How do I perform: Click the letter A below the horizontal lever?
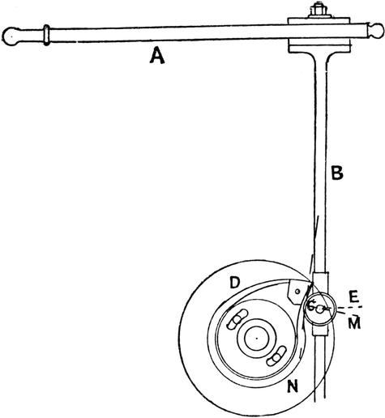click(x=157, y=56)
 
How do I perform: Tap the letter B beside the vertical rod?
click(x=337, y=173)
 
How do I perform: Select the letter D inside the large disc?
click(x=234, y=283)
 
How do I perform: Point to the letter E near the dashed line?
click(x=353, y=296)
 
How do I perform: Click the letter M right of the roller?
click(x=354, y=322)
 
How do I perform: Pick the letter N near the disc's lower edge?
click(x=293, y=386)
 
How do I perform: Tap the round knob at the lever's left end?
click(x=10, y=36)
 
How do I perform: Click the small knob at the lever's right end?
click(x=376, y=30)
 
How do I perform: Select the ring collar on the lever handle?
click(x=46, y=35)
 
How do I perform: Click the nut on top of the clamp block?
click(x=318, y=11)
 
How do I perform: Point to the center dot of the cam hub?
click(x=257, y=338)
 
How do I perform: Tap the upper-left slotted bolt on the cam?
click(x=237, y=318)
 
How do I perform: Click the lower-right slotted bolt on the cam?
click(x=276, y=356)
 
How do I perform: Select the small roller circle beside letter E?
click(x=319, y=308)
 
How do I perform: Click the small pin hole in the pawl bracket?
click(x=297, y=292)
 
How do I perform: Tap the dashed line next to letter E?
click(x=347, y=307)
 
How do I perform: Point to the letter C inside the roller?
click(x=311, y=306)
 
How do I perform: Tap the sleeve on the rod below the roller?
click(x=320, y=331)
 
